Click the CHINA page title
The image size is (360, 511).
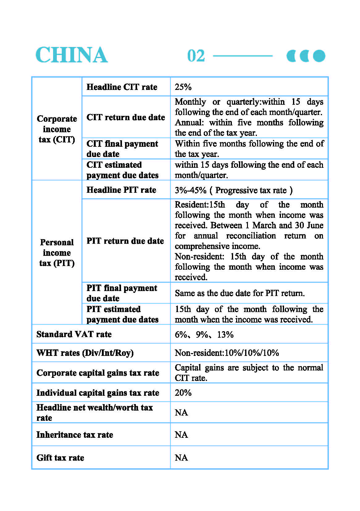(x=72, y=55)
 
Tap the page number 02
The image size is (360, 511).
(x=196, y=56)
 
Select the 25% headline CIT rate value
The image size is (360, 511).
(x=183, y=87)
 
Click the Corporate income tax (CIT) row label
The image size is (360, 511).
(x=57, y=129)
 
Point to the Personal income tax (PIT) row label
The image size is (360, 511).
(x=57, y=253)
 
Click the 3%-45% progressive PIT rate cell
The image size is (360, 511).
(x=233, y=190)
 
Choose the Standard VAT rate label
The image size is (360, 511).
(x=74, y=334)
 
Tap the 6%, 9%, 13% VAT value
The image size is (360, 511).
(x=204, y=335)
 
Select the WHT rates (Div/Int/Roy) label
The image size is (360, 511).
(x=85, y=353)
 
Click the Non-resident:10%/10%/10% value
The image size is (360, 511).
(x=227, y=353)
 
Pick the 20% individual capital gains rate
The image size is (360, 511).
(x=183, y=393)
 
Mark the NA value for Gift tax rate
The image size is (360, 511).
(x=181, y=458)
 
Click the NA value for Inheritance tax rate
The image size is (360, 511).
(x=181, y=435)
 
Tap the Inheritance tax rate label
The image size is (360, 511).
(x=75, y=435)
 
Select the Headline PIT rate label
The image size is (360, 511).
(x=121, y=190)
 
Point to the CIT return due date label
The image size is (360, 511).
(x=126, y=117)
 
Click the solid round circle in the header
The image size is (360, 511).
(x=319, y=56)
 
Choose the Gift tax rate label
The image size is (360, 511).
(x=60, y=458)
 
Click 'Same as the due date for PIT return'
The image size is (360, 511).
(x=240, y=293)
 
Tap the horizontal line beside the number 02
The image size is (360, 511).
(x=243, y=56)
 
